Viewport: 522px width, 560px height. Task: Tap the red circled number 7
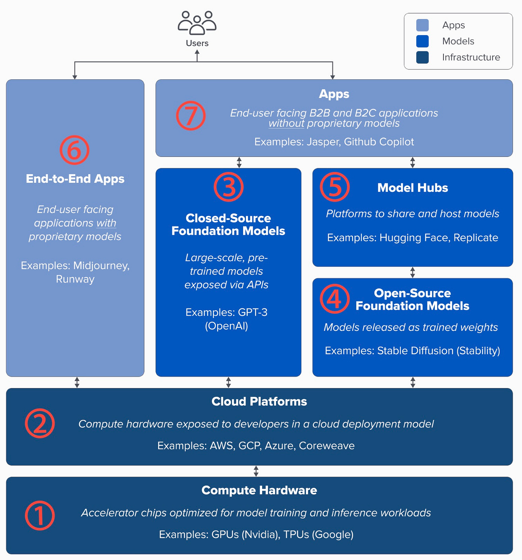191,116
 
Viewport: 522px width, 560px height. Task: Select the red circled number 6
75,150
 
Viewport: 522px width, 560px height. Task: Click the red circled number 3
229,187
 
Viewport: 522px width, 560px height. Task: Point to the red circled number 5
335,187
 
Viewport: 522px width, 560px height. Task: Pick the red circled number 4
335,299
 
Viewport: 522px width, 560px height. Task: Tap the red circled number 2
40,423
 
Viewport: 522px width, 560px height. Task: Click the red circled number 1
40,515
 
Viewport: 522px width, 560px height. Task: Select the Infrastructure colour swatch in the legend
422,57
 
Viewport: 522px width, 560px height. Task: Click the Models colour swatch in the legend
422,41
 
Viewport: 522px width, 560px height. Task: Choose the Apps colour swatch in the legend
422,25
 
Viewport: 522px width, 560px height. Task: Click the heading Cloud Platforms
259,401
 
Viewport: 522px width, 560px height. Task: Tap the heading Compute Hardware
259,490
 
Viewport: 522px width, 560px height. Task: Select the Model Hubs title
413,188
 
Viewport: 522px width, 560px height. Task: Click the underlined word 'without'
286,123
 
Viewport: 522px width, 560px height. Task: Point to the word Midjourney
101,266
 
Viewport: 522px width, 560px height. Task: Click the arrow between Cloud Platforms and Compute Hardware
256,471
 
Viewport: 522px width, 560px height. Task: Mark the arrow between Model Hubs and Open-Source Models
413,272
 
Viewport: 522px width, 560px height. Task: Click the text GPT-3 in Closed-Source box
253,312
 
